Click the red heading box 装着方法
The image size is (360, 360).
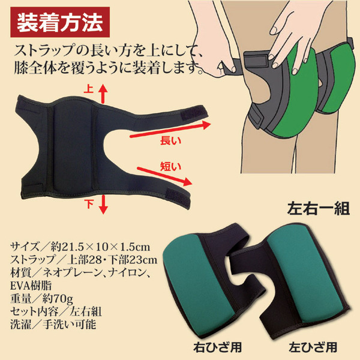(x=60, y=22)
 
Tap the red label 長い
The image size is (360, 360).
(x=170, y=140)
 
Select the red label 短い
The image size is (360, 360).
(x=170, y=167)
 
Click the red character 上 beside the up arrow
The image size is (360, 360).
(x=89, y=89)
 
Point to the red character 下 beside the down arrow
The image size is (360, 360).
(x=89, y=203)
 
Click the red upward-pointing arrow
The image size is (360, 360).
(x=103, y=94)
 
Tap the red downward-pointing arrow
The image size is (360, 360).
(x=104, y=205)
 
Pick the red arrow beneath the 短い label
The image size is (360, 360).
(x=164, y=176)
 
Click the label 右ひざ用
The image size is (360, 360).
(x=217, y=347)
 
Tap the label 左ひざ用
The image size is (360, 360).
(x=313, y=347)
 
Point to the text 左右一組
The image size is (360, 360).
(x=319, y=208)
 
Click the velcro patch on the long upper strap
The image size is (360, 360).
(x=194, y=113)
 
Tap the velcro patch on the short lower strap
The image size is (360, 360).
(x=178, y=196)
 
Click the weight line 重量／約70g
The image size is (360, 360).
(x=41, y=299)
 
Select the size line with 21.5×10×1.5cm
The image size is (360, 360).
(x=80, y=247)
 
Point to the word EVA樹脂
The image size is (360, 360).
(x=31, y=286)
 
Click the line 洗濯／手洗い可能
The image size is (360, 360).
(x=53, y=324)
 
